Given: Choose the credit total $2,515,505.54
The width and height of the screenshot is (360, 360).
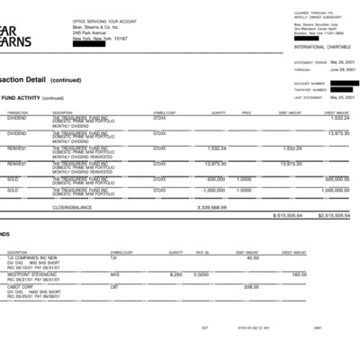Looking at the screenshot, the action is [333, 216].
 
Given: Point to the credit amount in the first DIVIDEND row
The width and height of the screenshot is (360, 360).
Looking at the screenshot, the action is [339, 117].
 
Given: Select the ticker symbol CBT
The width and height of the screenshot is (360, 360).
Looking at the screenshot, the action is [114, 288].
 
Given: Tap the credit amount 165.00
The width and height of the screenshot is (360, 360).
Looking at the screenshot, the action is [325, 274].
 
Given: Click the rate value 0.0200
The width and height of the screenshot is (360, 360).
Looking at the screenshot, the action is [201, 274].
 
